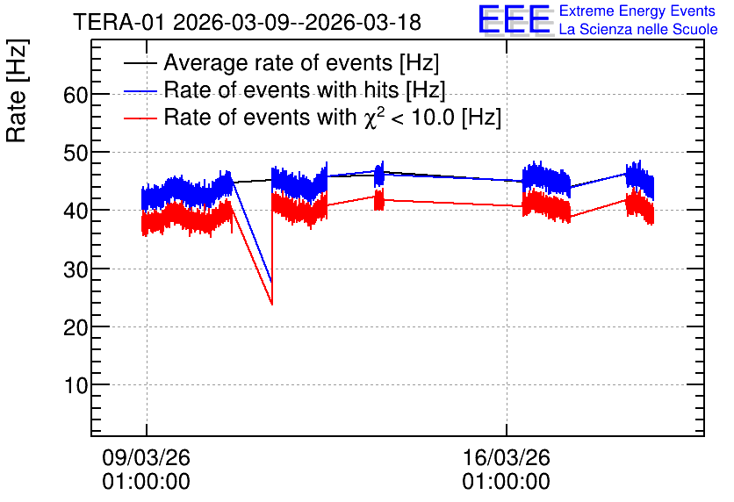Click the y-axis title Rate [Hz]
pyautogui.click(x=17, y=91)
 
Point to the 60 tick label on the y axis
pyautogui.click(x=76, y=95)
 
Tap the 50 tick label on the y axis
pyautogui.click(x=76, y=153)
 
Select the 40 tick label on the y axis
pyautogui.click(x=76, y=211)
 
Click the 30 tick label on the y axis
pyautogui.click(x=76, y=269)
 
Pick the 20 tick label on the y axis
pyautogui.click(x=76, y=327)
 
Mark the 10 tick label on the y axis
pyautogui.click(x=76, y=385)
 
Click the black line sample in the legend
pyautogui.click(x=140, y=63)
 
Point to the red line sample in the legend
pyautogui.click(x=140, y=118)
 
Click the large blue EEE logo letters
pyautogui.click(x=515, y=19)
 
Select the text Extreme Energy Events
pyautogui.click(x=637, y=11)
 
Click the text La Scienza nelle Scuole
pyautogui.click(x=638, y=29)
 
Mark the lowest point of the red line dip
pyautogui.click(x=272, y=305)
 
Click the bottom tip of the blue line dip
pyautogui.click(x=271, y=282)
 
